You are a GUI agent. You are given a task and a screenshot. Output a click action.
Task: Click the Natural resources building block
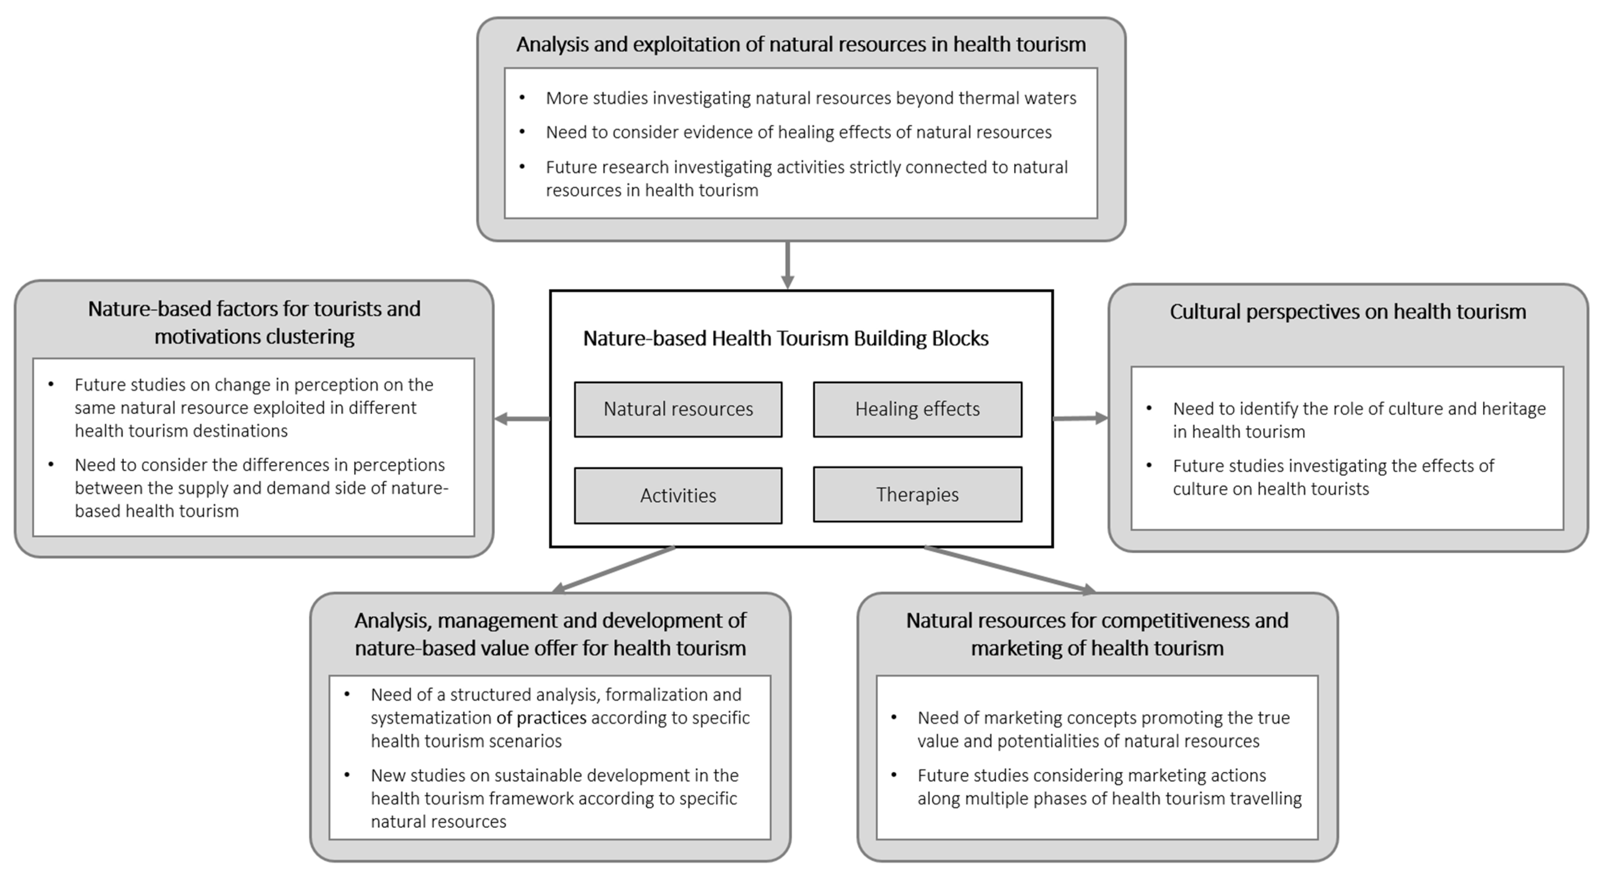678,409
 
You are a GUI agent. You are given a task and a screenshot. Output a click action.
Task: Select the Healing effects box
917,409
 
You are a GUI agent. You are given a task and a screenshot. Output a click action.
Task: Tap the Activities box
678,495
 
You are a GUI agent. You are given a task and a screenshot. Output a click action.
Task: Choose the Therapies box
917,494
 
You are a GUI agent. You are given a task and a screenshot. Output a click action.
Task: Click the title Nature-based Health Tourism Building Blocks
785,338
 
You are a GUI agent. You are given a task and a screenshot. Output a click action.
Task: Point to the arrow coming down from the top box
788,265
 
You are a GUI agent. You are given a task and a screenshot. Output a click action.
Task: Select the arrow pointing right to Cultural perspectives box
1080,418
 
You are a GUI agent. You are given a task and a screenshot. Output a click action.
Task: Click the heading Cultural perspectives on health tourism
1347,312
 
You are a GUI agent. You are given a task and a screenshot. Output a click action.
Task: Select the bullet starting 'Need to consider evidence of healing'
799,132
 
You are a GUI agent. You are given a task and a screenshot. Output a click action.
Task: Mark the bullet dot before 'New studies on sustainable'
347,775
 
